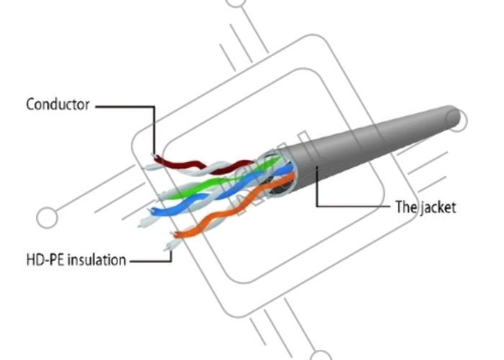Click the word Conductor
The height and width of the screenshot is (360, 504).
[x=58, y=105]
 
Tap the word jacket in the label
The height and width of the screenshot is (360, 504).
[x=436, y=207]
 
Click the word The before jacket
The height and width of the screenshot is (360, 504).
[x=405, y=207]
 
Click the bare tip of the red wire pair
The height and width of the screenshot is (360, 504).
[x=152, y=156]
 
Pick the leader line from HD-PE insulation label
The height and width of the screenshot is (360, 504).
[x=151, y=260]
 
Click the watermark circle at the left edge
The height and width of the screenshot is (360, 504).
[x=47, y=217]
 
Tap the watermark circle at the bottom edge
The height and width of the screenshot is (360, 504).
[x=320, y=355]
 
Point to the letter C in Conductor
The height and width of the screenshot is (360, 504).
[x=30, y=105]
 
